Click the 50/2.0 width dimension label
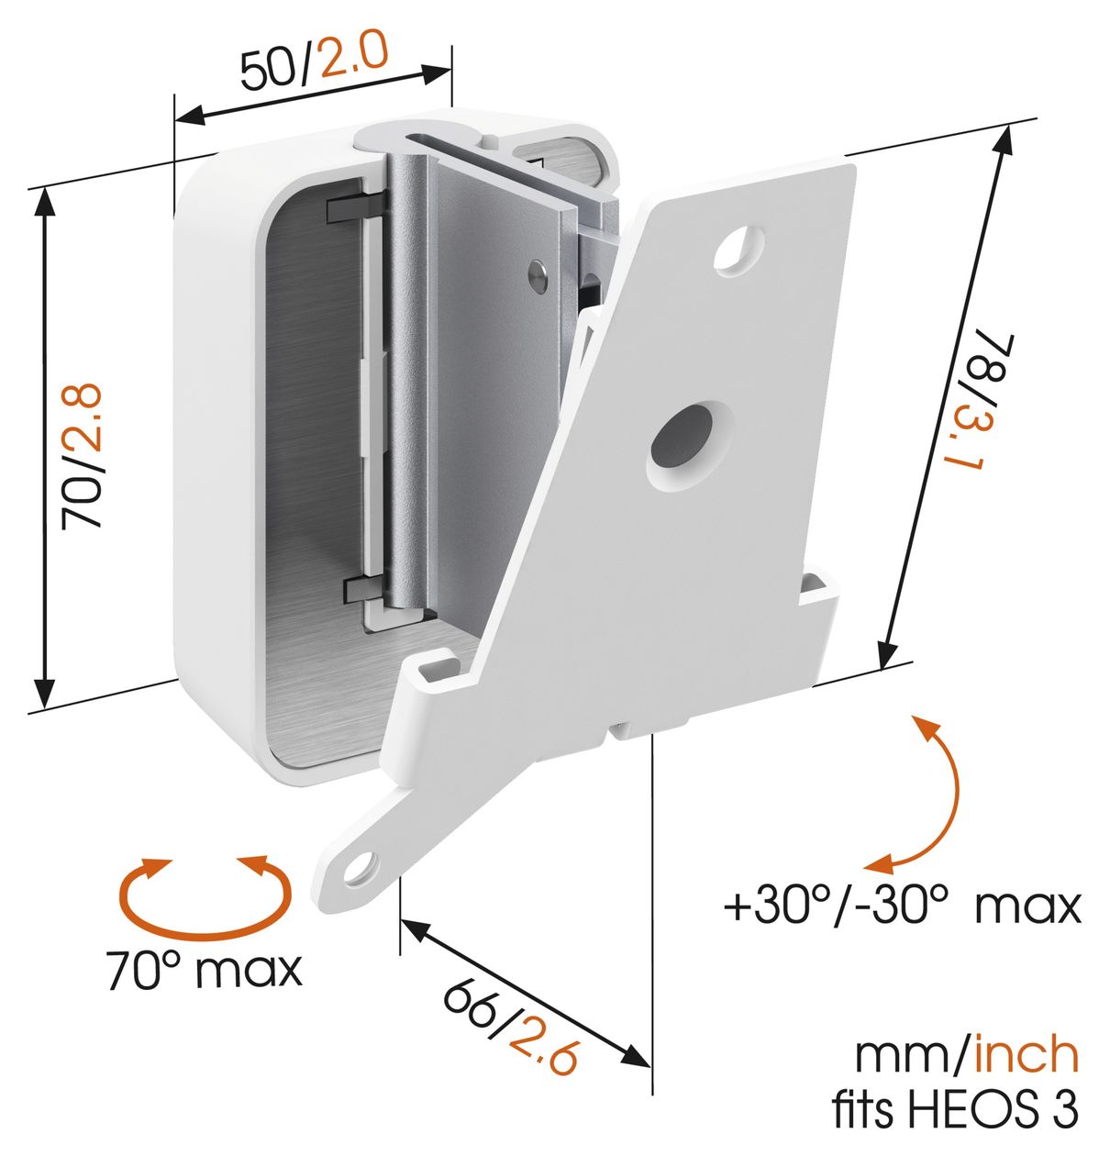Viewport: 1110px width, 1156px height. pyautogui.click(x=315, y=61)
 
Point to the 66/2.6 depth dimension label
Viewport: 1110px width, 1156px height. pyautogui.click(x=511, y=1010)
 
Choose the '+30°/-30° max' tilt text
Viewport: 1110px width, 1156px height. pyautogui.click(x=902, y=907)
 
